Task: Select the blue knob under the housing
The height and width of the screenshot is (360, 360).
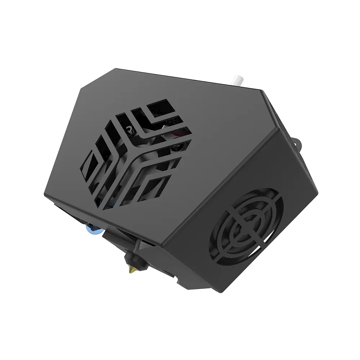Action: pos(91,227)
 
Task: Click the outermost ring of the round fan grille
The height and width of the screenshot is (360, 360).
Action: pos(275,202)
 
